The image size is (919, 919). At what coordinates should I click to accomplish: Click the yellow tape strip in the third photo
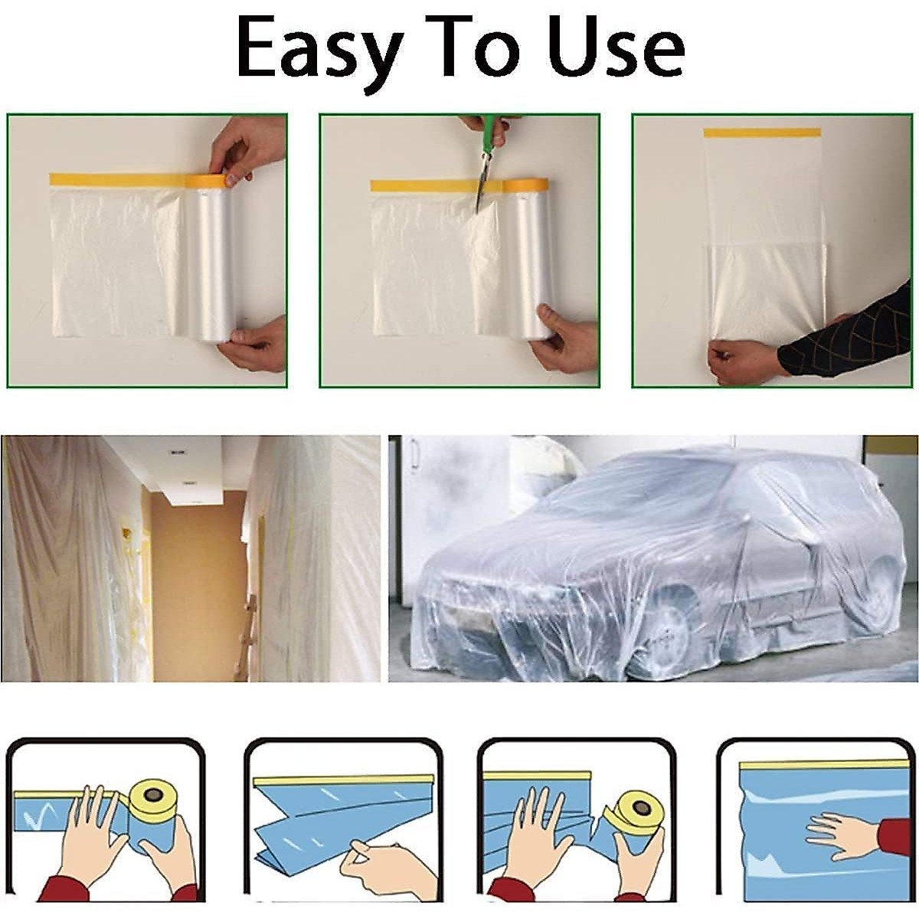762,132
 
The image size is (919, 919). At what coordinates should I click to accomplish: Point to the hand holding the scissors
491,130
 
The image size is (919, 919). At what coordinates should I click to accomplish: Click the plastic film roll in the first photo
210,260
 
